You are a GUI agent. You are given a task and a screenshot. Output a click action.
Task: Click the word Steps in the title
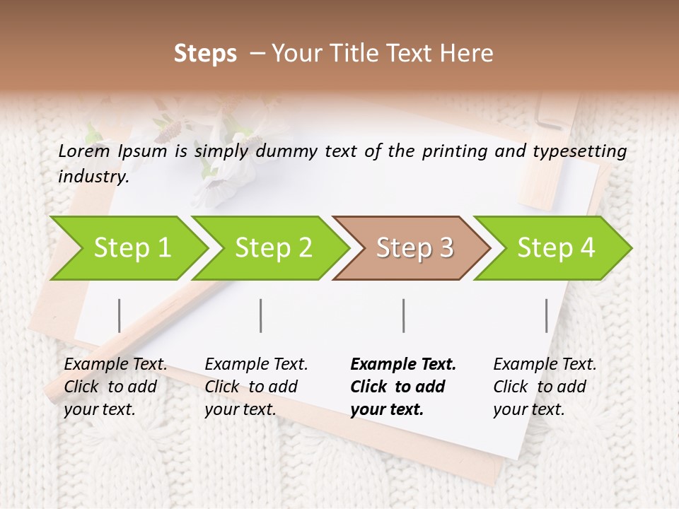tap(205, 54)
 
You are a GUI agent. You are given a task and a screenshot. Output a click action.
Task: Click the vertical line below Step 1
tap(120, 315)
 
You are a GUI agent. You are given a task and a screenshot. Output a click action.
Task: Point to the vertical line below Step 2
tap(261, 315)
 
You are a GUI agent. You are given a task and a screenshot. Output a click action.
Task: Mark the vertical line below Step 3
tap(404, 315)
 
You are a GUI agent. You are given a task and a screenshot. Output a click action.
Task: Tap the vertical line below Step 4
tap(546, 315)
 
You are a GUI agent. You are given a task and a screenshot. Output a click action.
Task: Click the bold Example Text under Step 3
tap(403, 386)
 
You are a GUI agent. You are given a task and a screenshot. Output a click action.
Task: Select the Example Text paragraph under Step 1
tap(115, 386)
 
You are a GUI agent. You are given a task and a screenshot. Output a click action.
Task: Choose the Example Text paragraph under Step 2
tap(256, 386)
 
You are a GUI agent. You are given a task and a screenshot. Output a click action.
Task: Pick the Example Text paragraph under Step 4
tap(545, 386)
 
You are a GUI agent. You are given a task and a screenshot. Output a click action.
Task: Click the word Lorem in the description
tap(84, 151)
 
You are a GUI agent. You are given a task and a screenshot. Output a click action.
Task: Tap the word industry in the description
tap(93, 177)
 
